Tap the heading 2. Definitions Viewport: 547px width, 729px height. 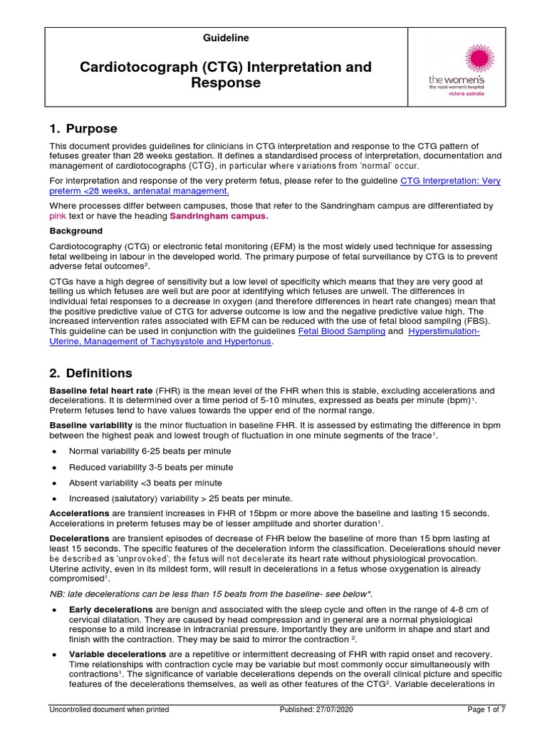(x=90, y=373)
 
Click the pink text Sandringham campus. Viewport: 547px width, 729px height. (x=218, y=216)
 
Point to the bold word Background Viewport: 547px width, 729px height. (x=75, y=231)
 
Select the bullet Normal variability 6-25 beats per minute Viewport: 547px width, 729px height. (x=150, y=451)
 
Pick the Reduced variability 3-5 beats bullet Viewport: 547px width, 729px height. (x=150, y=467)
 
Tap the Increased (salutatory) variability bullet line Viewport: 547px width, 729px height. (x=180, y=498)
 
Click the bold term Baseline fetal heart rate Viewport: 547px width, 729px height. (x=100, y=391)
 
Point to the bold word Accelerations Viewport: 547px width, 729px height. (x=79, y=513)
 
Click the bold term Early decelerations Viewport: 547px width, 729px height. (x=110, y=609)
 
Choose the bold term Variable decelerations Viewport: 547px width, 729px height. (x=118, y=654)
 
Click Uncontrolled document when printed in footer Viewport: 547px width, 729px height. (x=109, y=710)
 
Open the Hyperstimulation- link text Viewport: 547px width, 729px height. (x=444, y=332)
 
